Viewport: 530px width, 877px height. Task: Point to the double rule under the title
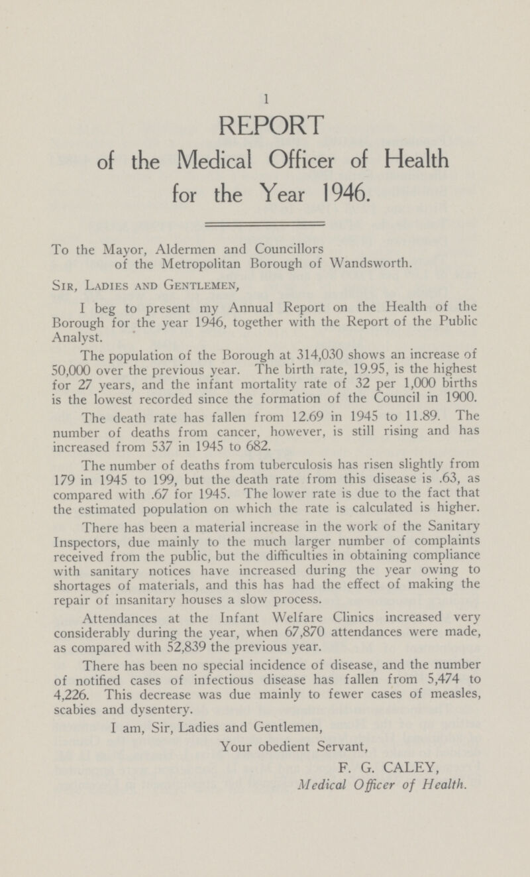click(264, 225)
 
